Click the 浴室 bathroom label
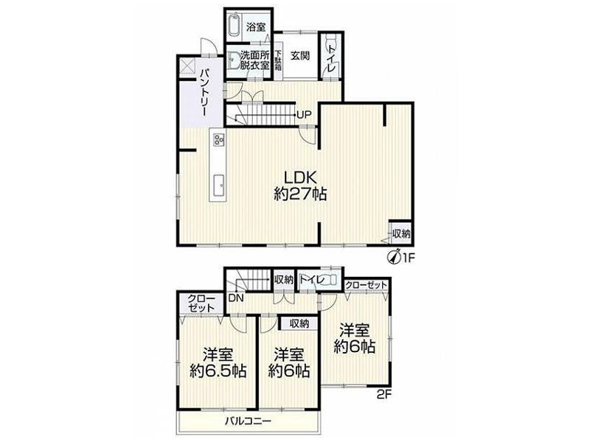coord(256,27)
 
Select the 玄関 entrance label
coord(300,56)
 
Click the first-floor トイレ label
coord(331,59)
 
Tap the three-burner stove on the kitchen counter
coord(218,140)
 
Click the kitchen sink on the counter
coord(218,187)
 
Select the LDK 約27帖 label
coord(300,185)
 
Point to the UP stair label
coord(304,114)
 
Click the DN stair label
coord(236,298)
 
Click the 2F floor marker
coord(383,395)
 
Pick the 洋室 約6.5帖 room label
coord(218,362)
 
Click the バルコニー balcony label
coord(248,421)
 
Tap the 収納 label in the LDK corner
coord(401,234)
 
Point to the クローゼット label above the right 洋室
coord(366,285)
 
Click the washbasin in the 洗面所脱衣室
coord(233,60)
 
